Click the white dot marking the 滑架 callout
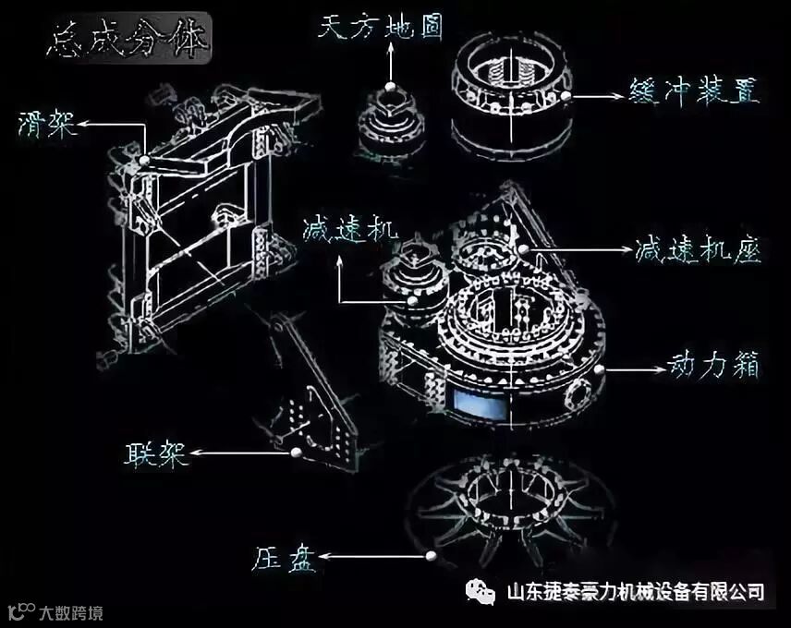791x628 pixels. [145, 160]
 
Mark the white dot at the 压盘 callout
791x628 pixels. [429, 556]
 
